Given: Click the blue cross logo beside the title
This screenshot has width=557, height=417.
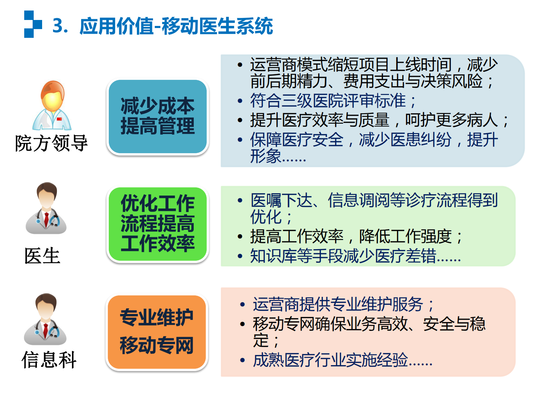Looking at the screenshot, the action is tap(33, 24).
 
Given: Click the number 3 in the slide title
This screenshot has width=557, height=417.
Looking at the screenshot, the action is tap(58, 26).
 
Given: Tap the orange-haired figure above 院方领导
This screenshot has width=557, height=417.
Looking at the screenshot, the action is tap(52, 105).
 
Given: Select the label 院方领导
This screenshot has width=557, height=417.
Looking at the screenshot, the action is tap(52, 143).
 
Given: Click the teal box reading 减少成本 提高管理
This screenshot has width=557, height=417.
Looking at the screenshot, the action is tap(158, 116).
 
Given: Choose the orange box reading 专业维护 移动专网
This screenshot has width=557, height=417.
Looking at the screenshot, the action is tap(157, 332).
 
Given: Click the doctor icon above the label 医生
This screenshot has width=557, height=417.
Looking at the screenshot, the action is tap(46, 208).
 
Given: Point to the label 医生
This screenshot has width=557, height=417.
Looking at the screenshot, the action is tap(42, 256).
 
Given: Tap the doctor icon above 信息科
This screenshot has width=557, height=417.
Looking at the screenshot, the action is tap(45, 319).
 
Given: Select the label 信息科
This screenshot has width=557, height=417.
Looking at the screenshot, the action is tap(49, 360).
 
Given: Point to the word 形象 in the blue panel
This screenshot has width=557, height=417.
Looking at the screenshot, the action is tap(266, 156).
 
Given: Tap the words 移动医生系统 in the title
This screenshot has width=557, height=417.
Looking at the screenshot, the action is tap(217, 26).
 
